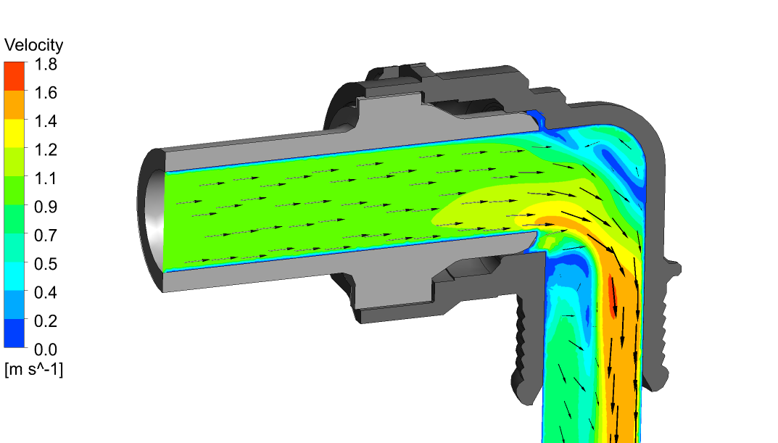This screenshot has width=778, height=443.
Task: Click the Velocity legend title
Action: tap(33, 45)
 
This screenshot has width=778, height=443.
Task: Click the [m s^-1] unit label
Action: tap(33, 370)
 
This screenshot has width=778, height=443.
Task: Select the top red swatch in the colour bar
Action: tap(14, 75)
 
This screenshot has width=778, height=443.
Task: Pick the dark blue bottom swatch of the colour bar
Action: tap(14, 334)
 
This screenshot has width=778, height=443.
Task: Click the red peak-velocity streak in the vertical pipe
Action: tap(613, 297)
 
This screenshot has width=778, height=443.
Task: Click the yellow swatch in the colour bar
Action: tap(14, 133)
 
